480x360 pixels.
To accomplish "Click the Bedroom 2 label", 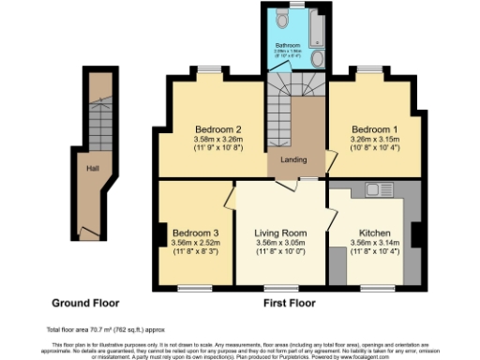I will click(x=218, y=128).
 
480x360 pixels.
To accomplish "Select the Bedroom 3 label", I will click(x=196, y=232).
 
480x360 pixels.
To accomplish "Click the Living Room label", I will click(x=280, y=232).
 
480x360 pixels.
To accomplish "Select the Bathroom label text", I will click(x=287, y=44).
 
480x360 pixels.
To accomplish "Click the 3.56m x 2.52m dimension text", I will click(x=196, y=242).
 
